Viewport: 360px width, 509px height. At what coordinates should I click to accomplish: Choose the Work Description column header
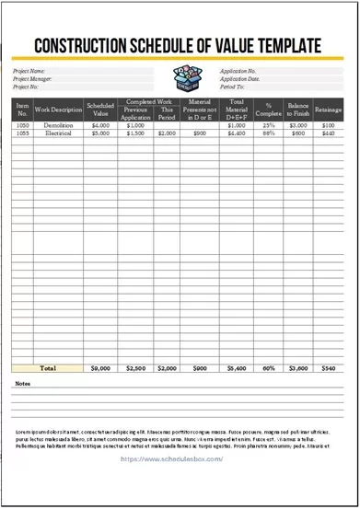tap(58, 109)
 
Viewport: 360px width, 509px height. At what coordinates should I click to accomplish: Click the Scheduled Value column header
tap(100, 109)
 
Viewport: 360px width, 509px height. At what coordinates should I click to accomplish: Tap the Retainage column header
tap(328, 109)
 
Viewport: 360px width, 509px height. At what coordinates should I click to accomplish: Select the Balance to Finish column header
tap(296, 109)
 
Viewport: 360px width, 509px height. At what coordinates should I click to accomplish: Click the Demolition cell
tap(58, 125)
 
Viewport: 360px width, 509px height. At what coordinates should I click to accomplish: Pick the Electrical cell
tap(58, 133)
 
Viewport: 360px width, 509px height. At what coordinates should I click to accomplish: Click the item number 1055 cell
tap(23, 133)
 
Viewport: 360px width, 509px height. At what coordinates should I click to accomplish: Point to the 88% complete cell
tap(269, 133)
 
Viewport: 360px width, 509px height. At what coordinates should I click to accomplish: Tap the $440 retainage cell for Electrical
tap(328, 133)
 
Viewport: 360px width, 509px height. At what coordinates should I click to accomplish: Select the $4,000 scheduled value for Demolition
tap(100, 125)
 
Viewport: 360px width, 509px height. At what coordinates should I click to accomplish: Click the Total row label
tap(48, 368)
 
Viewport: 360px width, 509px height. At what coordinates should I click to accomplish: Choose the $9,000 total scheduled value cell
tap(100, 368)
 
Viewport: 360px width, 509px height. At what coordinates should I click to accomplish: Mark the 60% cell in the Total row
tap(269, 368)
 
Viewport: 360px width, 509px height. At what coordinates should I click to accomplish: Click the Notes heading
tap(23, 383)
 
